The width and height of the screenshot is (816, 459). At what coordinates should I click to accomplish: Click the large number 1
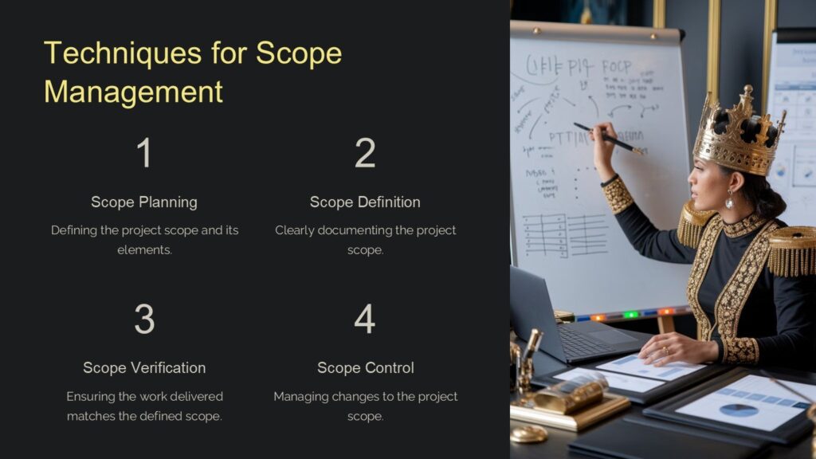(143, 153)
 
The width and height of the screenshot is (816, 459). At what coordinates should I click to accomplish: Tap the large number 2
(365, 153)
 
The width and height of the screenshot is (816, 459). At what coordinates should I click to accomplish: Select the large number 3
(143, 319)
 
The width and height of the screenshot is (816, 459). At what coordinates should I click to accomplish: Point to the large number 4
(365, 319)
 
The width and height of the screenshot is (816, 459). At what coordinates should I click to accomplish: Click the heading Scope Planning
(143, 202)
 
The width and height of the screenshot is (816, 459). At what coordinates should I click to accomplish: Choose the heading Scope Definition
(365, 202)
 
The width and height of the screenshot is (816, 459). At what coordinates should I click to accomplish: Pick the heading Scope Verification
(143, 367)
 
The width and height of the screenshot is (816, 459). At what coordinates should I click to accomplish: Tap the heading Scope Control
(365, 367)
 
